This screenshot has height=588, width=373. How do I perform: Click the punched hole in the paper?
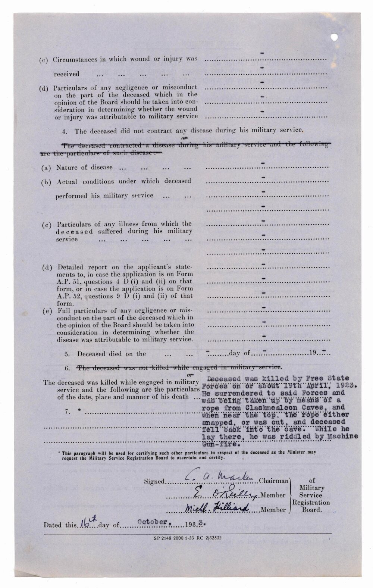335,37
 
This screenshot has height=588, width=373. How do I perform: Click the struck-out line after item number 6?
178,368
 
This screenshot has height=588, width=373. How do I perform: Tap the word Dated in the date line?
53,525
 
